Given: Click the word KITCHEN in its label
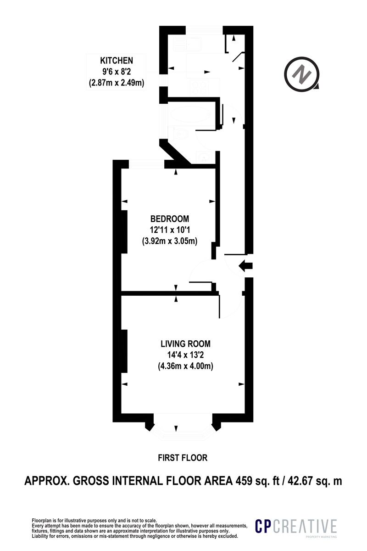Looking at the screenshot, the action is tap(117, 61).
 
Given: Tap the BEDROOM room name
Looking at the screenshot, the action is tap(170, 219).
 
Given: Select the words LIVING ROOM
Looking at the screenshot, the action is tap(186, 343).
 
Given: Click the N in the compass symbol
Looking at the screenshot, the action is tap(301, 74).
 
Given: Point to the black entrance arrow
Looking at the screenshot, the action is tap(245, 266).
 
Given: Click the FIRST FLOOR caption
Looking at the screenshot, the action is tap(183, 458).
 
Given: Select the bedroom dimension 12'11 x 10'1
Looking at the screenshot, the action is tap(170, 230).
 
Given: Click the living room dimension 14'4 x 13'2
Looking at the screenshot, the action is tap(186, 355).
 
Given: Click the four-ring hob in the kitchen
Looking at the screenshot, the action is tap(200, 88).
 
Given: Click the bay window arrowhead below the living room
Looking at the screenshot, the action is tap(176, 428).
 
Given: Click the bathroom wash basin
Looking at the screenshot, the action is tap(204, 157).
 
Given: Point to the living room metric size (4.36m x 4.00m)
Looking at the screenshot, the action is tap(186, 366).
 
